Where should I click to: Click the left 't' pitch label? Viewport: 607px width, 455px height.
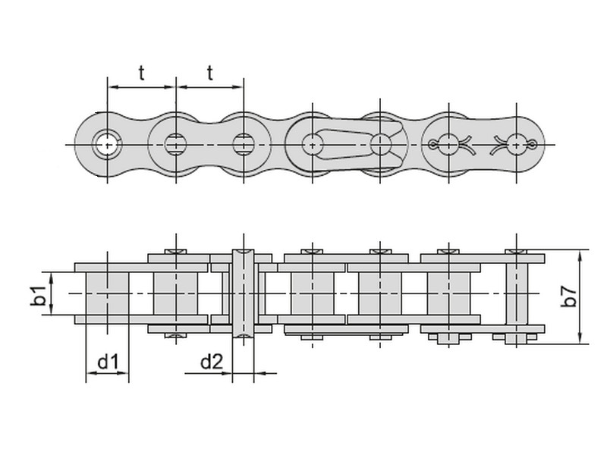point(142,73)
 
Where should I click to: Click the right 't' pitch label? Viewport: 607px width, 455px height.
point(210,73)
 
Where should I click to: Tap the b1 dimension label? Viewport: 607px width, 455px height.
point(38,296)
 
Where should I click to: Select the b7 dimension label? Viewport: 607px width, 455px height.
point(568,297)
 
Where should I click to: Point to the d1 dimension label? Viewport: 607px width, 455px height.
point(108,362)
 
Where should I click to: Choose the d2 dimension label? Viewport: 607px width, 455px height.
point(212,362)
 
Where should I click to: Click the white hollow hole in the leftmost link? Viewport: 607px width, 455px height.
point(107,145)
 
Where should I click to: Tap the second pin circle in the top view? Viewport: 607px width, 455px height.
point(176,145)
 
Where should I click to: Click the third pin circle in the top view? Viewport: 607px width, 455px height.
point(244,145)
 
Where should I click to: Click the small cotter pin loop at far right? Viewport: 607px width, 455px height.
point(533,145)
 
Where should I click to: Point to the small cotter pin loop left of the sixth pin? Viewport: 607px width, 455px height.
point(432,145)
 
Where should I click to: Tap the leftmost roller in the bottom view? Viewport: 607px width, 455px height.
point(107,293)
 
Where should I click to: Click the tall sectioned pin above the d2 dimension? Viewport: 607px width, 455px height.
point(243,293)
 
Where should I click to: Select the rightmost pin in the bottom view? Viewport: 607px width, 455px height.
point(517,297)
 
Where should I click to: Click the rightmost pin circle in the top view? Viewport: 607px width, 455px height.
point(517,145)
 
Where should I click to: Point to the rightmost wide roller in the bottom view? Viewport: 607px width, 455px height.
point(448,293)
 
